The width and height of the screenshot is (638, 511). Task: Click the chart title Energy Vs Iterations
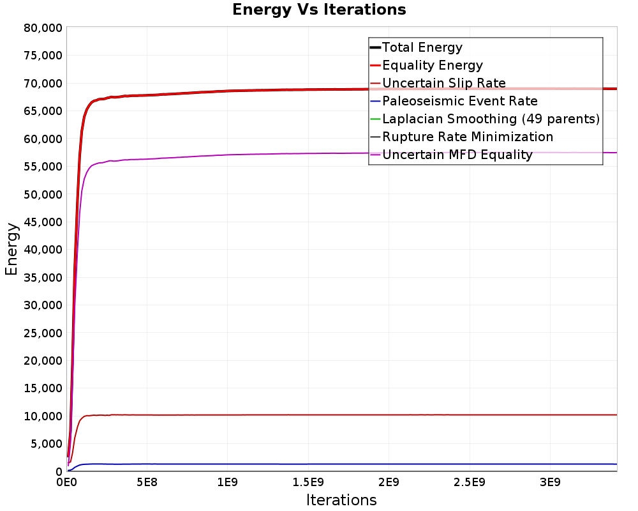319,10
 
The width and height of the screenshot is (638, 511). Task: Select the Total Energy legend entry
416,47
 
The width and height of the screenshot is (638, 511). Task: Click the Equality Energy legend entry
426,65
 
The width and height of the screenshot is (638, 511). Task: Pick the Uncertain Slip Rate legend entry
438,83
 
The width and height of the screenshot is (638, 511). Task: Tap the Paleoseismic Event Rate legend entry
454,101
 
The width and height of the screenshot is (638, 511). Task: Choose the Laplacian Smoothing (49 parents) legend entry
485,119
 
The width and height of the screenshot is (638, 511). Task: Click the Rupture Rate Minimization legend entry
461,137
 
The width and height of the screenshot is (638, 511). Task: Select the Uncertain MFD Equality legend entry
451,155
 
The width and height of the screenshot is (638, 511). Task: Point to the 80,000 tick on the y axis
43,28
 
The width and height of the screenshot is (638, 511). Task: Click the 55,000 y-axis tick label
43,167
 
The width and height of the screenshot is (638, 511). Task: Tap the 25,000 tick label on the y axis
43,333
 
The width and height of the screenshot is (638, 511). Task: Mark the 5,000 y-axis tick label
47,444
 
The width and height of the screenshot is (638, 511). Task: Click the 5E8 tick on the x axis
147,482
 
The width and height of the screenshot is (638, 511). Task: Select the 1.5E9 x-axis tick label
308,482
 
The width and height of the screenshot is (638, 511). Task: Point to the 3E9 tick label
550,482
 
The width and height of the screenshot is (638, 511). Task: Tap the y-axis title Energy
11,249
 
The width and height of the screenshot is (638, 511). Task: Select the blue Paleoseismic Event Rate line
342,464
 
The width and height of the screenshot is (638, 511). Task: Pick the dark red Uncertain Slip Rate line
342,415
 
